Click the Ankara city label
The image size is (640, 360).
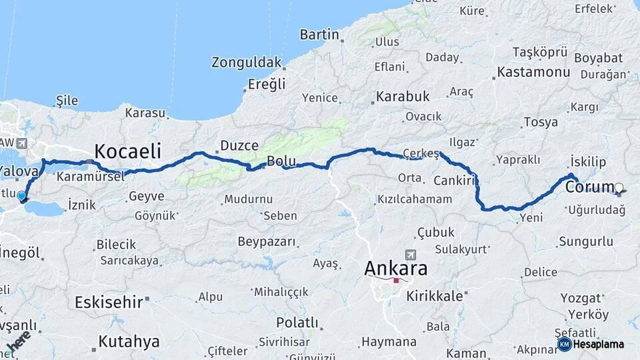396,269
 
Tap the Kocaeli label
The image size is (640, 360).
127,150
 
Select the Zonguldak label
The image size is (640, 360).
246,63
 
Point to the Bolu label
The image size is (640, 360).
281,161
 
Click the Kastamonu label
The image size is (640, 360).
531,71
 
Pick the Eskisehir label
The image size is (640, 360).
109,302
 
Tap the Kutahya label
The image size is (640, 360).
129,342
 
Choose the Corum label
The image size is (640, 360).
589,187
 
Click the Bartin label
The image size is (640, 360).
319,34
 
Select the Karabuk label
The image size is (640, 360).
403,97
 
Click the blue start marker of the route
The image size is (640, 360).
22,196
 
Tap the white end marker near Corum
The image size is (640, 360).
619,188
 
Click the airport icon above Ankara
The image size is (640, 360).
409,255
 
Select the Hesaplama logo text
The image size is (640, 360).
597,344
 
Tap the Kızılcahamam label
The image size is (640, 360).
415,199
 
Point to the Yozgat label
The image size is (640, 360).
579,298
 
